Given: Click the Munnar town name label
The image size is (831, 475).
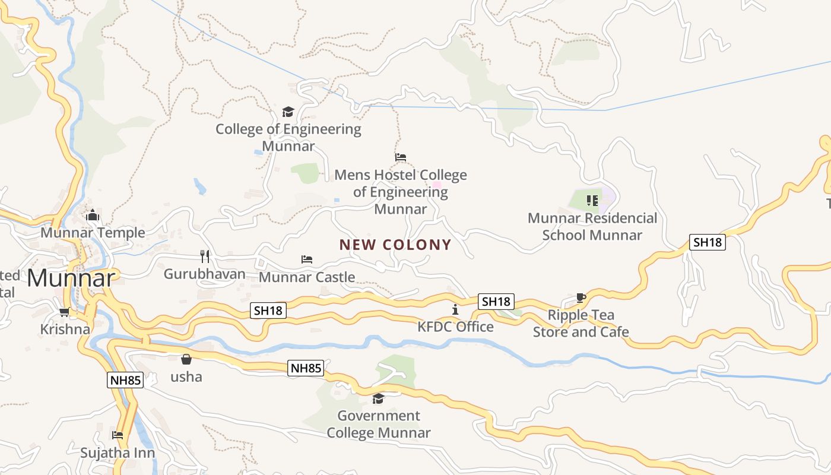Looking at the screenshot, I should [x=71, y=278].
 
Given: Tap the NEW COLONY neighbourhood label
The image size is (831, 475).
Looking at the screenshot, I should [x=395, y=245].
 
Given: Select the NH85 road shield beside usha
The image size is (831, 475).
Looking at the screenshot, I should [x=306, y=368].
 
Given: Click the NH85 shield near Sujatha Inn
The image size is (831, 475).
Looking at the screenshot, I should [x=125, y=380].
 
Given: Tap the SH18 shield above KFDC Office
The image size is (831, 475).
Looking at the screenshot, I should [x=496, y=302].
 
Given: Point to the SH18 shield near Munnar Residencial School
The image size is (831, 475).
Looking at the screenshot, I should [x=708, y=242].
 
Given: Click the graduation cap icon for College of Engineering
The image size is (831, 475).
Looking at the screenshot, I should [x=288, y=112].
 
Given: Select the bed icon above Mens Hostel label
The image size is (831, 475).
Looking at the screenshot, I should [x=401, y=157].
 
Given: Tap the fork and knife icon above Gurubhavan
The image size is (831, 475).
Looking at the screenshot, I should [x=205, y=256].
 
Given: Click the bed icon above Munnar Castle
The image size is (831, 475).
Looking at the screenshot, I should [x=307, y=259].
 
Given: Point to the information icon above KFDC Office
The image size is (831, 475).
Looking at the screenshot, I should [x=455, y=309].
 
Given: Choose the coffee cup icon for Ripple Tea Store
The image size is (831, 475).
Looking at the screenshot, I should [x=581, y=297].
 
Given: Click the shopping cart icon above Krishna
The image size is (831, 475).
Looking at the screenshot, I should [x=65, y=312].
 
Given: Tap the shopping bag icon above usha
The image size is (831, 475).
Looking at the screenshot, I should [x=186, y=359].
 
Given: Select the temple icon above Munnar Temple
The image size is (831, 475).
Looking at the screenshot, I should [x=92, y=215].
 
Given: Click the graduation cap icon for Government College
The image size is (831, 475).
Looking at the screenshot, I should [x=378, y=398].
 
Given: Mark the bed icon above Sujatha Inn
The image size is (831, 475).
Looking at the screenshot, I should [x=118, y=435].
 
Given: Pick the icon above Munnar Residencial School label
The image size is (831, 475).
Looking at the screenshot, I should [x=592, y=201].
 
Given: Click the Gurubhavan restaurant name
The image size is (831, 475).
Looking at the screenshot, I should [x=204, y=274].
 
